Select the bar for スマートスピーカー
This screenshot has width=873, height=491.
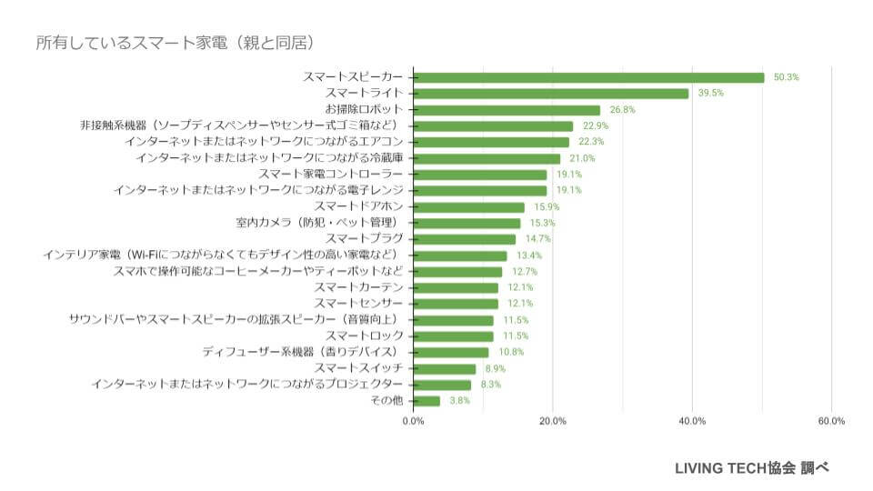[588, 77]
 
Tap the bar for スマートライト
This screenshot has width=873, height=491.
[551, 94]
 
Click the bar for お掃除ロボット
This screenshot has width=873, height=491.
[507, 110]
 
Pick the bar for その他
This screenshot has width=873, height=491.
[426, 401]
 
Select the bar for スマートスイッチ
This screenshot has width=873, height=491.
[445, 368]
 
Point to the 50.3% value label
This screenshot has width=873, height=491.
[786, 77]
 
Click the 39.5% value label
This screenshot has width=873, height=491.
[710, 94]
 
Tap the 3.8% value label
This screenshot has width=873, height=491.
[458, 401]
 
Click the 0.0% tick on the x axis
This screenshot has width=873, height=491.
[414, 421]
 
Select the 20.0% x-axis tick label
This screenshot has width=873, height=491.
[553, 421]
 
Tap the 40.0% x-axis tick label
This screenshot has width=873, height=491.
[692, 421]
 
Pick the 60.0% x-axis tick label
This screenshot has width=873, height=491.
[831, 421]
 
